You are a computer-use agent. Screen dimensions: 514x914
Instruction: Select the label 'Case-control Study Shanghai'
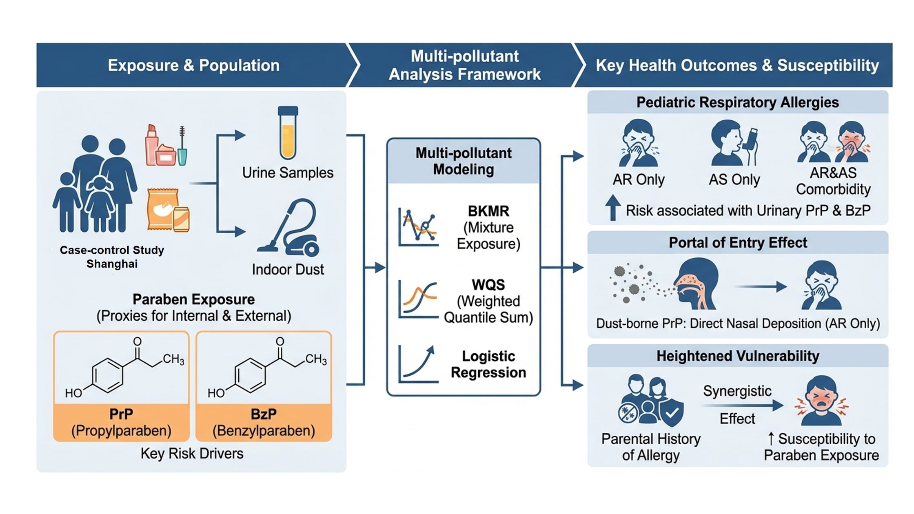[x=112, y=257]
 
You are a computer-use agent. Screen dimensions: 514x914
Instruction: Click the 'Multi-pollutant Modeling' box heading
[x=464, y=161]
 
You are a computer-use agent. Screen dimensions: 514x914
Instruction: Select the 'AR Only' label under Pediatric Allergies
[x=639, y=179]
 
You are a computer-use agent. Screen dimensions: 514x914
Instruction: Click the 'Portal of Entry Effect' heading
[x=738, y=243]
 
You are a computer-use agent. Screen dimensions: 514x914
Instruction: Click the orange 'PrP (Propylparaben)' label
[x=121, y=423]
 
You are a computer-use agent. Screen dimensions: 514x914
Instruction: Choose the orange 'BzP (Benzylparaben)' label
[x=264, y=423]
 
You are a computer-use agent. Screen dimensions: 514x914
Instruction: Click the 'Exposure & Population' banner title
[x=193, y=65]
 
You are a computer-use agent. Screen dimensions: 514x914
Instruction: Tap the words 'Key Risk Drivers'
[x=192, y=454]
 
